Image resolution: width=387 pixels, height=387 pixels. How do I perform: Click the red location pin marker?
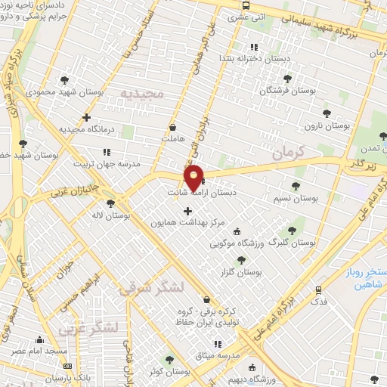click(193, 177)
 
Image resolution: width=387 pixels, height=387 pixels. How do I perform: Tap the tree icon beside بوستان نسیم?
click(295, 185)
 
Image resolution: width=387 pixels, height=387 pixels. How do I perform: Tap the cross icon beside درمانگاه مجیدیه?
click(86, 117)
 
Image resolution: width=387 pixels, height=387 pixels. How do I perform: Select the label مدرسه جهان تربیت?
click(103, 163)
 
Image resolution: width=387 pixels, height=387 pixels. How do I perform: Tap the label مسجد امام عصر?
click(41, 351)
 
